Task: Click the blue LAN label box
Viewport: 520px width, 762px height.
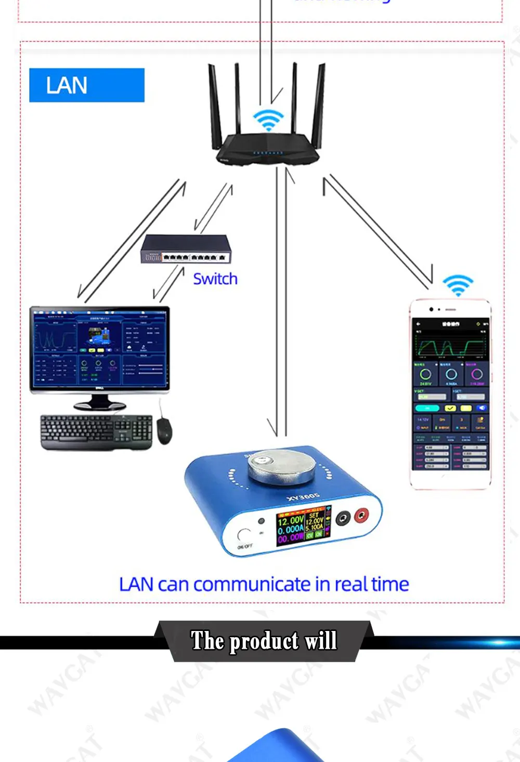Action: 86,85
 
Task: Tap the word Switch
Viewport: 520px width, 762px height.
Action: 215,279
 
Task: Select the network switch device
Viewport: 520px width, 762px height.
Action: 186,249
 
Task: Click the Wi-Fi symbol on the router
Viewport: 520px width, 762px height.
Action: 268,120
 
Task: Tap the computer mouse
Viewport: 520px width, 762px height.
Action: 164,431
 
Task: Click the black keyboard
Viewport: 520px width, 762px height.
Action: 96,431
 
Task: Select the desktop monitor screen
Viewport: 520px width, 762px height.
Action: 99,347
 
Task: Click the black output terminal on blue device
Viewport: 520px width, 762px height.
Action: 343,519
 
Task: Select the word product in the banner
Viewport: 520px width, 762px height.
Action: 264,641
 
